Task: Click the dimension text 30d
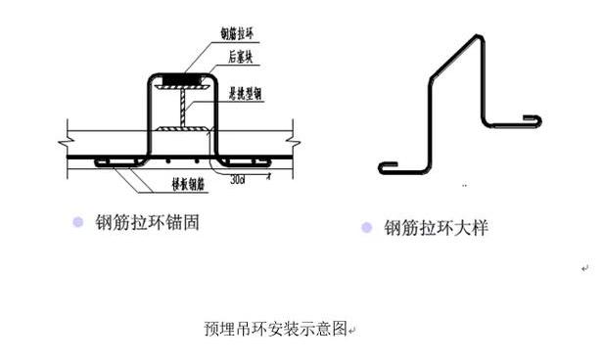click(x=237, y=179)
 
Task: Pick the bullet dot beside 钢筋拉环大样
click(x=367, y=228)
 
